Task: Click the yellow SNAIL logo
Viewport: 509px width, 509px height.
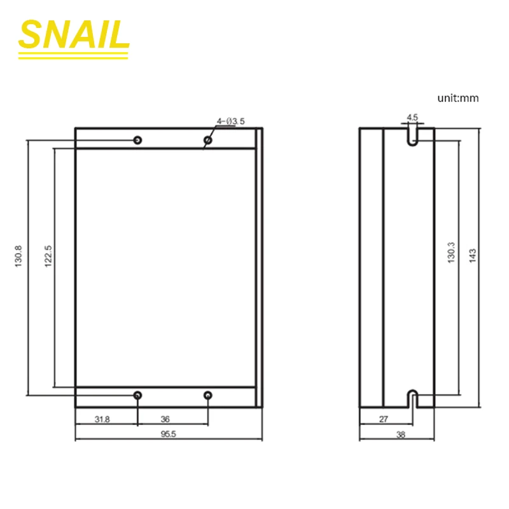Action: tap(74, 38)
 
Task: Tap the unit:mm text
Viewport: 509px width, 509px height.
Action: tap(457, 98)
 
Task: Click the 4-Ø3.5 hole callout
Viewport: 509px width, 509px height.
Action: tap(231, 122)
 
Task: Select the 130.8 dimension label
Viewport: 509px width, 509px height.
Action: tap(18, 256)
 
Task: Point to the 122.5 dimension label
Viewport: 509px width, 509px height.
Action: tap(48, 256)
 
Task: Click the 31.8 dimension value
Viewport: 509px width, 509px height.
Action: tap(102, 419)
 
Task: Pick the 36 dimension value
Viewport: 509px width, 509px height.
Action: tap(165, 419)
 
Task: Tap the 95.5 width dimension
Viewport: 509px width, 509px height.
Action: tap(168, 434)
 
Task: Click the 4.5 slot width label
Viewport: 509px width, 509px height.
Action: tap(412, 117)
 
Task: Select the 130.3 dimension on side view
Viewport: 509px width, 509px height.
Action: tap(451, 253)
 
